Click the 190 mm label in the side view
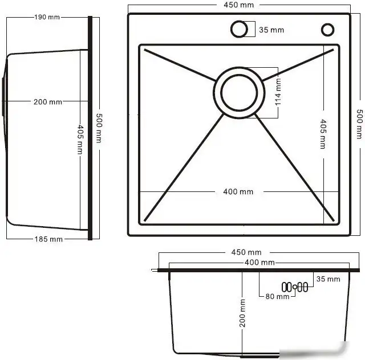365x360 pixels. pos(47,18)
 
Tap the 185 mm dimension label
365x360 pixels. pos(48,239)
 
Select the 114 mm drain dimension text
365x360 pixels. pos(278,92)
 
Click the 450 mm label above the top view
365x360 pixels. pos(239,5)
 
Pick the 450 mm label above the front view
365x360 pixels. pos(246,252)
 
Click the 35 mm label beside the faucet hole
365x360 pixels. pos(271,30)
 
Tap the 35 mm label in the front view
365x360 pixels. pos(328,279)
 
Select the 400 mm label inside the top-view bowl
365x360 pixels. pos(238,191)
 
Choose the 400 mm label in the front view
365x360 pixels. pos(259,263)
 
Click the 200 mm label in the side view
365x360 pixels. pos(48,102)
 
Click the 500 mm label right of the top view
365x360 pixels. pos(359,124)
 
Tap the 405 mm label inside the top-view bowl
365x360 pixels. pos(323,134)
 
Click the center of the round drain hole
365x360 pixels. pos(240,93)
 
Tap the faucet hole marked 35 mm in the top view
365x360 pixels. pos(239,28)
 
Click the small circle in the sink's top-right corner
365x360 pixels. pos(328,29)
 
